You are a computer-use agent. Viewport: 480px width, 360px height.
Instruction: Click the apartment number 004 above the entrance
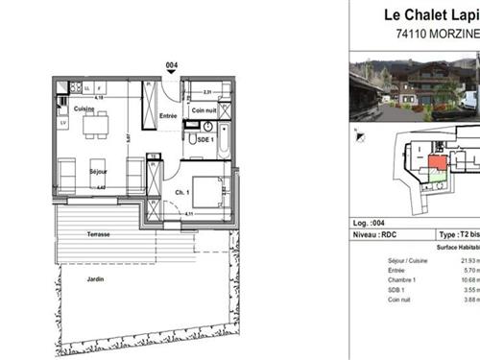171,65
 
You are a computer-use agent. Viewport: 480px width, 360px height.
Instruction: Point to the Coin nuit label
204,110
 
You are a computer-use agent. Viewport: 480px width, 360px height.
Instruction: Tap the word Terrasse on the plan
96,234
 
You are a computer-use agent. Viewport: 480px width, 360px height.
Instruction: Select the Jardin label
93,279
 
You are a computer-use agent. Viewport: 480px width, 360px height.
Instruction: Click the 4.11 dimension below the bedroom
189,213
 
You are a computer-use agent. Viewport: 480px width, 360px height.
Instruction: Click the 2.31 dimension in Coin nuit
206,92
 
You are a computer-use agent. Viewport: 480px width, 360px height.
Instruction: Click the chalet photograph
413,89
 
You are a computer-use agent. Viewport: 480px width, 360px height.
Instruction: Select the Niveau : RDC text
374,233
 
